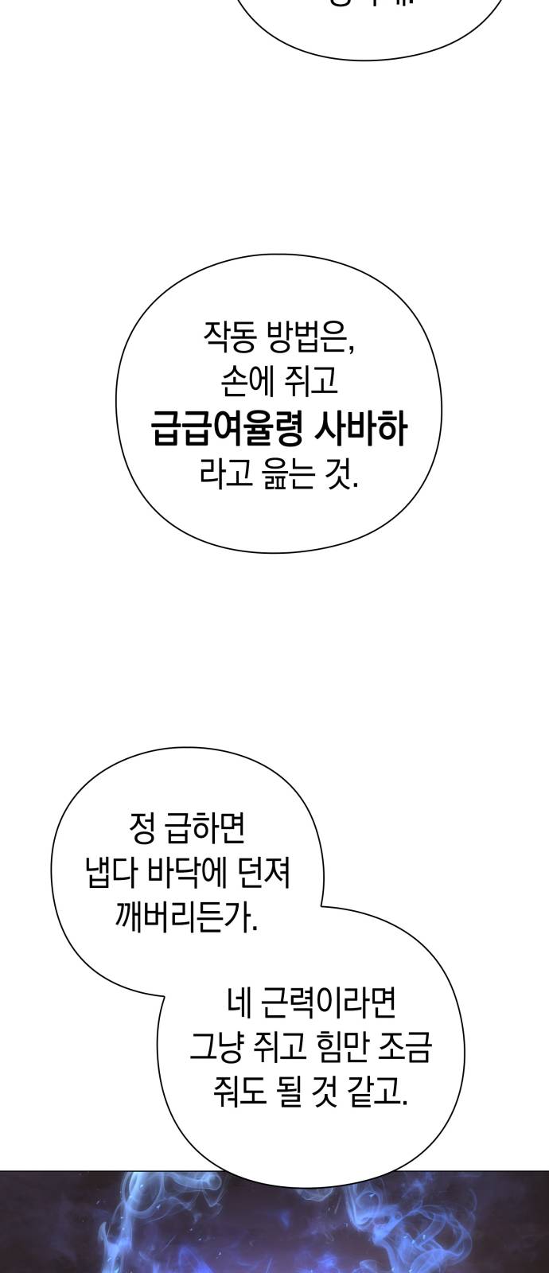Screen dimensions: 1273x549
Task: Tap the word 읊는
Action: (x=283, y=475)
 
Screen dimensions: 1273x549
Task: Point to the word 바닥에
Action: (x=192, y=875)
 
